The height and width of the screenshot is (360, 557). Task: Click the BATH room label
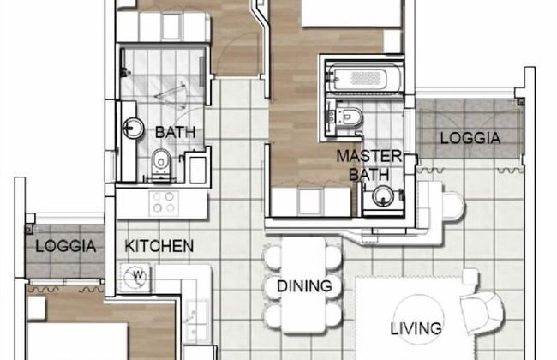[x=175, y=132]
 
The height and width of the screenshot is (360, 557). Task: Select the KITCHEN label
[x=159, y=246]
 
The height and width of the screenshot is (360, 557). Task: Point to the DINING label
[x=298, y=285]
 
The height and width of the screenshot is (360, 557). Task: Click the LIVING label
[x=416, y=327]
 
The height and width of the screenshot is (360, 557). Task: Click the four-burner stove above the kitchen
[x=164, y=202]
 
